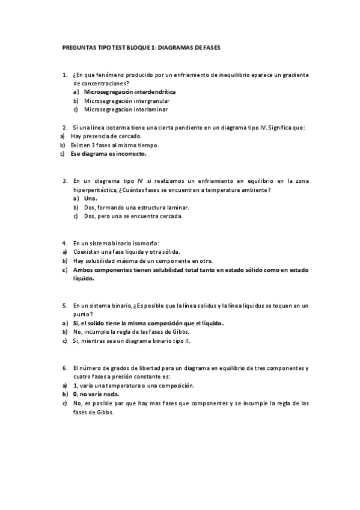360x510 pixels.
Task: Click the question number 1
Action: [x=64, y=75]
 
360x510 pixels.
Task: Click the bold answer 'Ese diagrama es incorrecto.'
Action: [x=108, y=153]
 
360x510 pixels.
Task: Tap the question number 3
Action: [x=64, y=180]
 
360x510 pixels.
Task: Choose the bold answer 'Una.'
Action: [x=91, y=198]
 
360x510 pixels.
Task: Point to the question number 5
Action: [x=64, y=306]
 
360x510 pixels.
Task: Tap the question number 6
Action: [x=64, y=367]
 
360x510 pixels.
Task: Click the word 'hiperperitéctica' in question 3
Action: [x=96, y=189]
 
